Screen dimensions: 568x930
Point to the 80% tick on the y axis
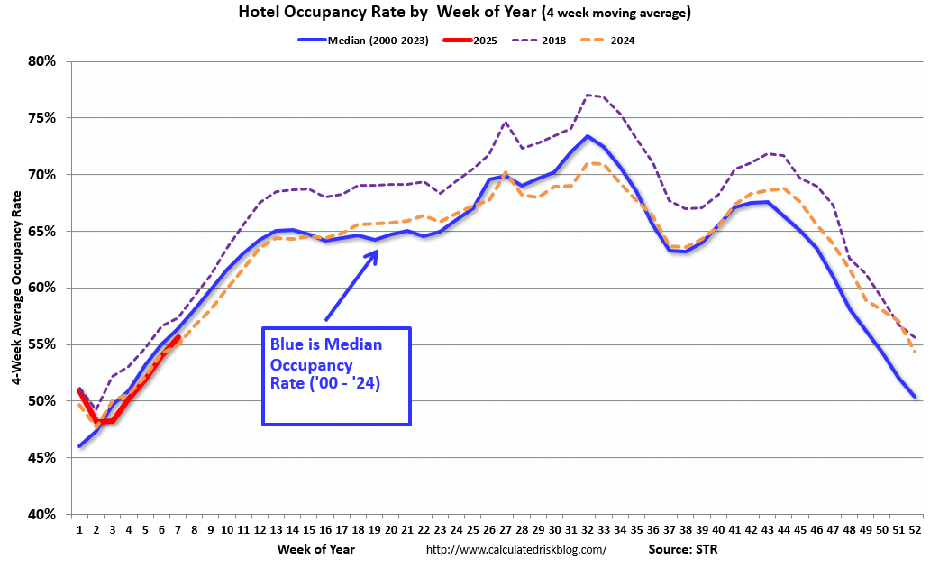pyautogui.click(x=42, y=61)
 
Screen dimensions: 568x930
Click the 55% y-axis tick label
pyautogui.click(x=42, y=344)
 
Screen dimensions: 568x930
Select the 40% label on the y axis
pyautogui.click(x=42, y=515)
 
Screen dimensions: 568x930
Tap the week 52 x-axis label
pyautogui.click(x=915, y=530)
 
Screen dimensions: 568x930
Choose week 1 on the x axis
pyautogui.click(x=79, y=530)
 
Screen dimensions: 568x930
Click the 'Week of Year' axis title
pyautogui.click(x=315, y=548)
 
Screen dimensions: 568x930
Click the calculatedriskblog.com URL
pyautogui.click(x=515, y=549)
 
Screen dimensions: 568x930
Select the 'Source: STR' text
pyautogui.click(x=682, y=548)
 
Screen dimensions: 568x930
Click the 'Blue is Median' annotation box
pyautogui.click(x=336, y=376)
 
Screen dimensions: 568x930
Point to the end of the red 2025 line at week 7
pyautogui.click(x=178, y=337)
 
